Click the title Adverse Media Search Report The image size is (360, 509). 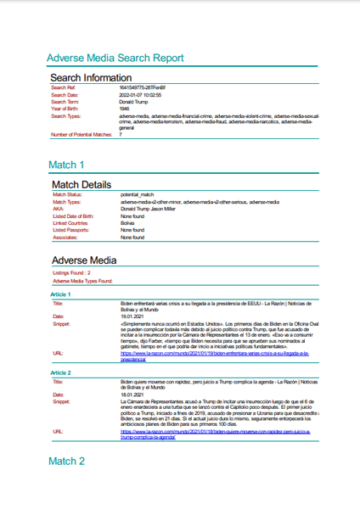(115, 59)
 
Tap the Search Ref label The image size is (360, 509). (64, 87)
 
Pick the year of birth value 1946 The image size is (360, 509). (125, 109)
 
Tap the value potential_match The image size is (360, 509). (138, 195)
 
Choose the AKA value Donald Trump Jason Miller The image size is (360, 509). (153, 210)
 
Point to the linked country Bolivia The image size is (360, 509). (127, 223)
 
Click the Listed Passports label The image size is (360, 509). (72, 230)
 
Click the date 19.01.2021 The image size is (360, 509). (133, 316)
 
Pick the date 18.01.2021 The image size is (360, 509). (133, 394)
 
